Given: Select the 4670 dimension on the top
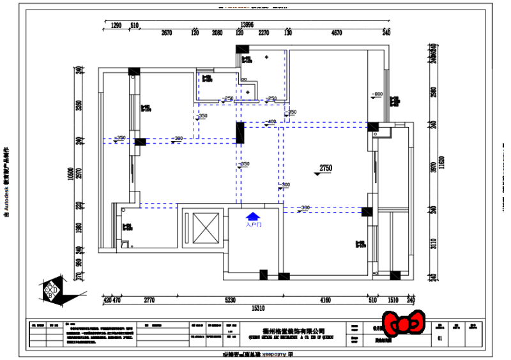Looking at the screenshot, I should (x=337, y=33).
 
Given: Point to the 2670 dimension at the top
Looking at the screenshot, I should (x=167, y=33).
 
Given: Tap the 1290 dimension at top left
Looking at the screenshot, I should (x=116, y=26).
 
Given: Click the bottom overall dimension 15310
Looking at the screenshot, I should (x=257, y=308).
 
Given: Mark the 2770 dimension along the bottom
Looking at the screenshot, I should (x=149, y=299).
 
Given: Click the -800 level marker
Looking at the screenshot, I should (x=377, y=94).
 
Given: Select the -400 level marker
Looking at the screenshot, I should (x=270, y=121).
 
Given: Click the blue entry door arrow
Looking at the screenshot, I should (x=253, y=216).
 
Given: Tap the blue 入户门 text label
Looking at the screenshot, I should (x=253, y=225).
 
